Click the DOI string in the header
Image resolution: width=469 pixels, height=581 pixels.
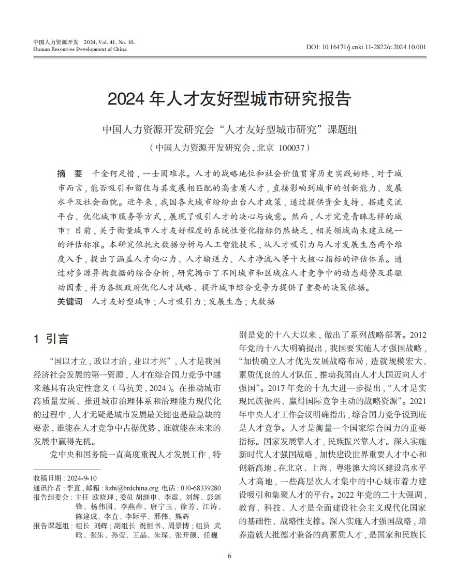tap(366, 47)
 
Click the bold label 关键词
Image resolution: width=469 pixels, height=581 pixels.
tap(69, 301)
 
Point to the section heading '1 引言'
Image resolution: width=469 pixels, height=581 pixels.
tap(51, 339)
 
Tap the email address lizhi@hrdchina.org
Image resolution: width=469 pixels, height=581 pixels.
tap(131, 488)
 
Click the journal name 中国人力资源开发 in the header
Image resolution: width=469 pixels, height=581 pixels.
tap(55, 42)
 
